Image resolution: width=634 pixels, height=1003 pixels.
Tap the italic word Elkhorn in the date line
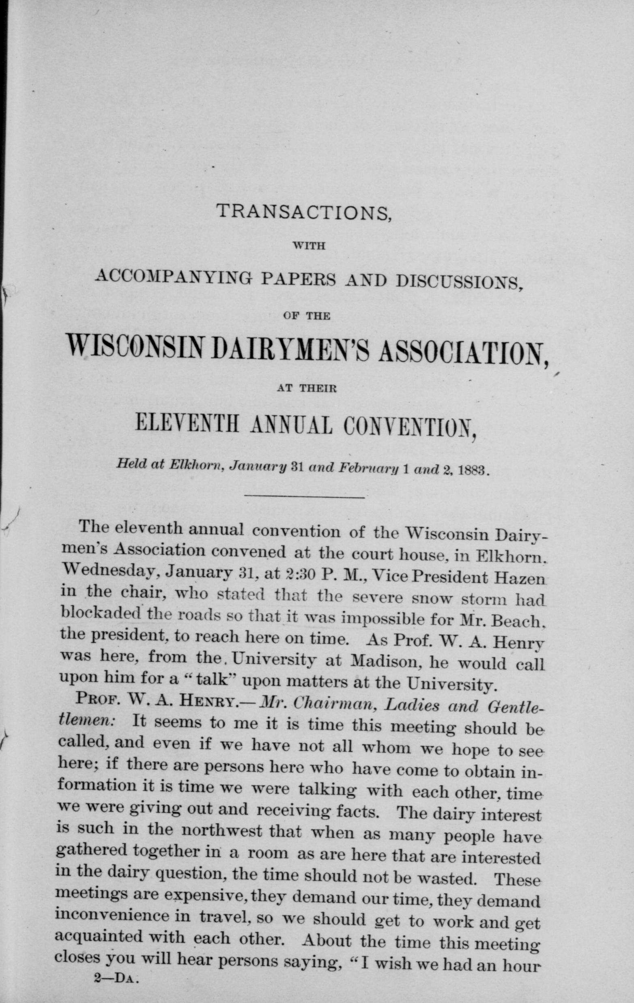191,466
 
